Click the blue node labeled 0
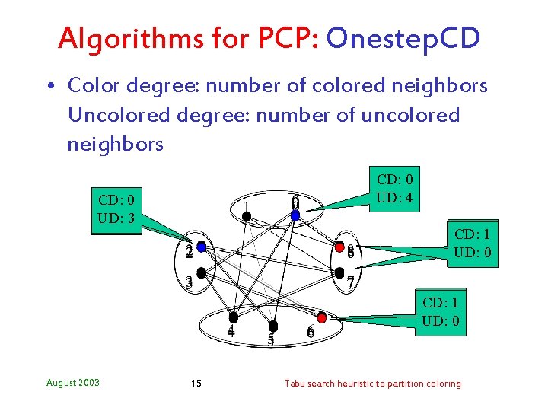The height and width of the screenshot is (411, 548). (296, 215)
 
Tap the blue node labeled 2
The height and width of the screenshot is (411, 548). (201, 247)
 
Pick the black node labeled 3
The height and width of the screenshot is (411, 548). (201, 272)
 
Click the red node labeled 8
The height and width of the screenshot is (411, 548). (339, 247)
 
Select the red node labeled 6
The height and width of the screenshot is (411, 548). (322, 316)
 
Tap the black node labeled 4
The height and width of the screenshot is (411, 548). (233, 316)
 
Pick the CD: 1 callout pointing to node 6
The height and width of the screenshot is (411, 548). (441, 311)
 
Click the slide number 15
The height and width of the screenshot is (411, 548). (196, 383)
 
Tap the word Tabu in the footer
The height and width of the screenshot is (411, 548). (296, 383)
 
